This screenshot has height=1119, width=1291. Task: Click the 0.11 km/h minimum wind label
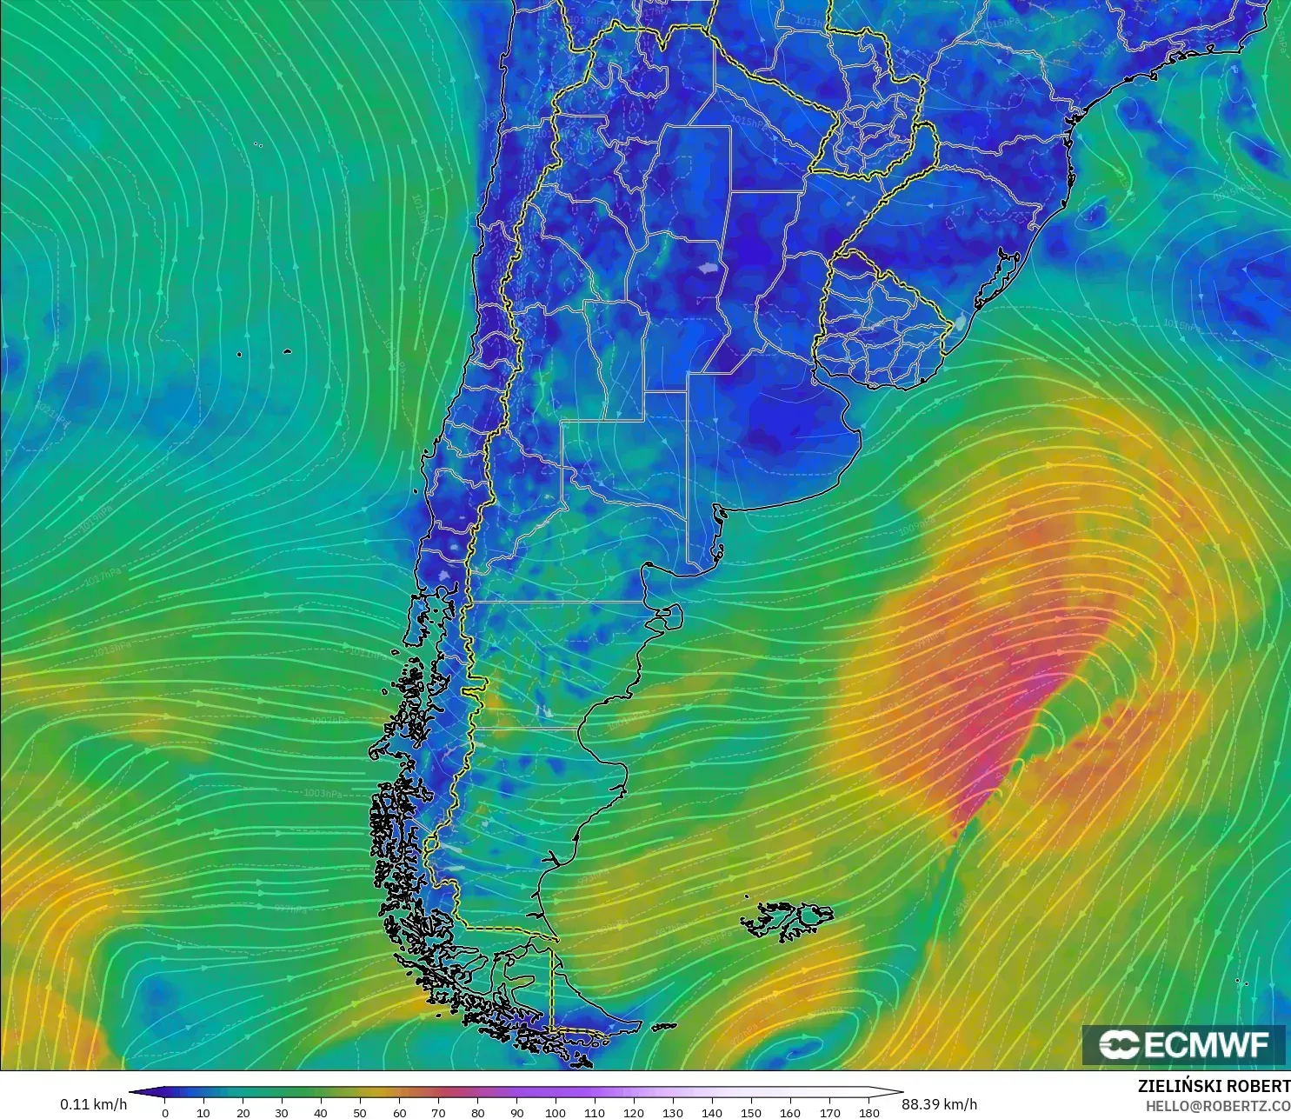click(93, 1104)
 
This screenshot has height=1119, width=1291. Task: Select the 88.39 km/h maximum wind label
click(939, 1104)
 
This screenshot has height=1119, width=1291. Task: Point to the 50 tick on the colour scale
click(360, 1112)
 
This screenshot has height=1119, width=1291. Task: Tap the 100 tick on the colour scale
click(556, 1112)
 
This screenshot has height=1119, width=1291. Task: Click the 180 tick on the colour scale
click(868, 1112)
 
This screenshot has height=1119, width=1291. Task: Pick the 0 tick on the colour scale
click(165, 1112)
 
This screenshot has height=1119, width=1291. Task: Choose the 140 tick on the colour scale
click(712, 1112)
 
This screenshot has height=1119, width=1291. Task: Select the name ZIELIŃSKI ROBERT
click(1214, 1086)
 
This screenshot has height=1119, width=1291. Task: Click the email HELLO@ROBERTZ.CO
click(1217, 1106)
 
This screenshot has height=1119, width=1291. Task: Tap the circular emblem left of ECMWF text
click(1119, 1044)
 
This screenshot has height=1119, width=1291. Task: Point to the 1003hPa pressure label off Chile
click(323, 794)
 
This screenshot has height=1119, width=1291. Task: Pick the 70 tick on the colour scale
click(438, 1112)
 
